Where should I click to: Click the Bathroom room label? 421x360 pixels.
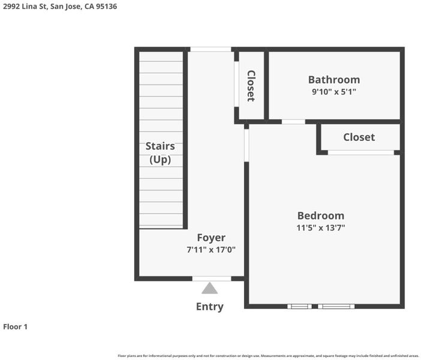point(334,80)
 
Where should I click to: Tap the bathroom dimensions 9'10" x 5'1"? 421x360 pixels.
point(333,92)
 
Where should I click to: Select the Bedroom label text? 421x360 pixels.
point(321,216)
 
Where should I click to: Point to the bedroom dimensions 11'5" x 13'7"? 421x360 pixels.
point(321,228)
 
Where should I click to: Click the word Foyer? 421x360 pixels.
point(211,238)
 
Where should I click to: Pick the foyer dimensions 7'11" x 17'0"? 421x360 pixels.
point(211,250)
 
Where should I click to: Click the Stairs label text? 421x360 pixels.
point(160,146)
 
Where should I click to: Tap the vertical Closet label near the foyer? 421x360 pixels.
point(251,86)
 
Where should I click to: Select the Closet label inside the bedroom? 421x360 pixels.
point(359,137)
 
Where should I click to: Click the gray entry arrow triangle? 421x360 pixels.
point(210,288)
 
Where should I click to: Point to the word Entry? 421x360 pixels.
point(210,307)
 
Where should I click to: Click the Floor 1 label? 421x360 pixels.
point(16,326)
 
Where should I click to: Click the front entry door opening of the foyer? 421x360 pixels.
point(212,278)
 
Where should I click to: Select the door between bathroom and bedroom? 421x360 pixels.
point(293,122)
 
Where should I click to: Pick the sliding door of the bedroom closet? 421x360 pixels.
point(361,152)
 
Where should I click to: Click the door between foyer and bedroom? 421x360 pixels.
point(246,146)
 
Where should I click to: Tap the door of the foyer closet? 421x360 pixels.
point(236,84)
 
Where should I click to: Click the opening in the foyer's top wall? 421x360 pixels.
point(210,49)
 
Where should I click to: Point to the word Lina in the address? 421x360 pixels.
point(30,7)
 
